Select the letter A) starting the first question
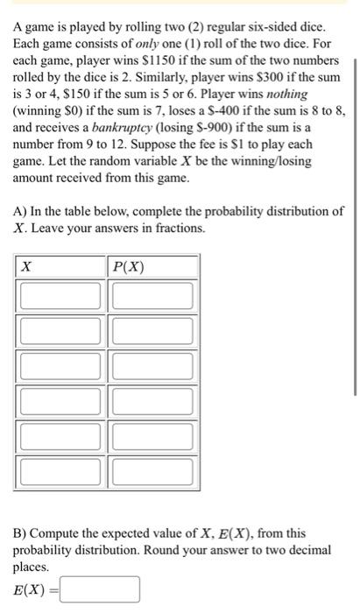tap(19, 212)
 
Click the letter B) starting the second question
tap(19, 532)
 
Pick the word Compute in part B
tap(58, 532)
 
